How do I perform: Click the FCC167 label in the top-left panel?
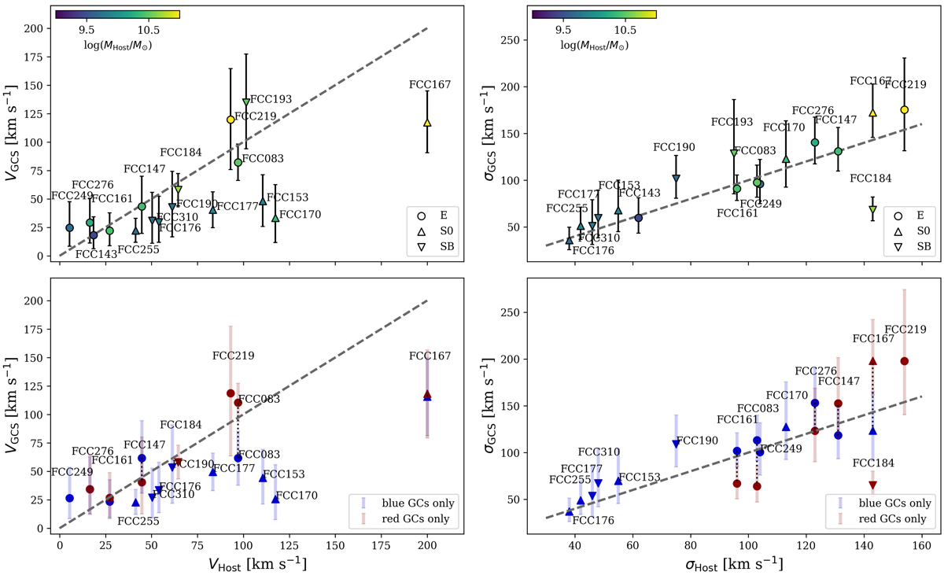(430, 85)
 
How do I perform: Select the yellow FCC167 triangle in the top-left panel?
(427, 124)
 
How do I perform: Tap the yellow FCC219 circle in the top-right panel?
(905, 109)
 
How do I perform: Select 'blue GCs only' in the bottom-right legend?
(885, 502)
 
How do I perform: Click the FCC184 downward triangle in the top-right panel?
(872, 210)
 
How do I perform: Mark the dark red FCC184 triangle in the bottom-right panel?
(872, 485)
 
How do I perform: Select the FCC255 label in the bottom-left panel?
(138, 520)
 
